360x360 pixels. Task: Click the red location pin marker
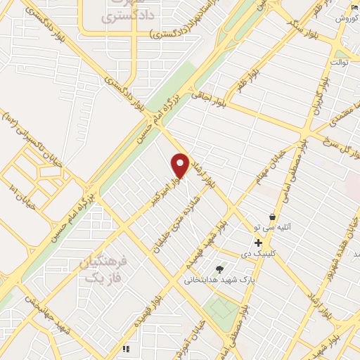tap(180, 165)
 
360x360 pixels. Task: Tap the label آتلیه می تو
tap(271, 229)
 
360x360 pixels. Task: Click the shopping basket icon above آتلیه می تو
tap(271, 217)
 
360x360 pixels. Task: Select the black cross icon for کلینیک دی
tap(259, 242)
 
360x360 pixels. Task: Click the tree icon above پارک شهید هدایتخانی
tap(220, 269)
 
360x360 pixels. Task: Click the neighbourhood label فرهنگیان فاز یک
tap(102, 270)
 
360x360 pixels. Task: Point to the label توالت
tap(340, 63)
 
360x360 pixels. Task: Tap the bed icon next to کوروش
tap(354, 7)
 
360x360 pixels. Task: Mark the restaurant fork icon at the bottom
tap(126, 349)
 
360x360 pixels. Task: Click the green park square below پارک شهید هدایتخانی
tap(223, 307)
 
